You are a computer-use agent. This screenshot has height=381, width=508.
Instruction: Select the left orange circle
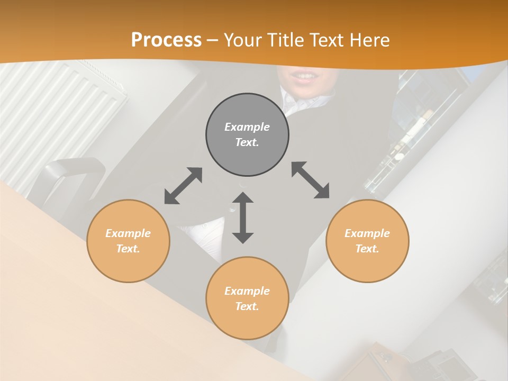(x=128, y=241)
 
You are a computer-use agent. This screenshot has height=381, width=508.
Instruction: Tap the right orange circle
(x=367, y=241)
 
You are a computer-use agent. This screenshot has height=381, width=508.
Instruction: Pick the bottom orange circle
(x=247, y=298)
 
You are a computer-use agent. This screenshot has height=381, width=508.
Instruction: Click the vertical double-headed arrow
(x=243, y=217)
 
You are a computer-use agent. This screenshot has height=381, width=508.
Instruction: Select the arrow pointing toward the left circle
(x=183, y=186)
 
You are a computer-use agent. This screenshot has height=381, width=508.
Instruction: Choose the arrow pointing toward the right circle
(x=311, y=180)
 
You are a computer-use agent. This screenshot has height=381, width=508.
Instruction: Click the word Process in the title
(x=166, y=40)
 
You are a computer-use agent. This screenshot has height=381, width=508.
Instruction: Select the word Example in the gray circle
(x=247, y=127)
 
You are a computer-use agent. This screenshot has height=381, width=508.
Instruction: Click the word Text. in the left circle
(x=128, y=249)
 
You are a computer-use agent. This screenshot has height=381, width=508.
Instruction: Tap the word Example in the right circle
(x=367, y=233)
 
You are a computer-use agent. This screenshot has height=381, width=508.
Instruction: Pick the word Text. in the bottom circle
(x=247, y=306)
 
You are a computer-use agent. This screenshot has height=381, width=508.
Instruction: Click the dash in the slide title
(x=213, y=40)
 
